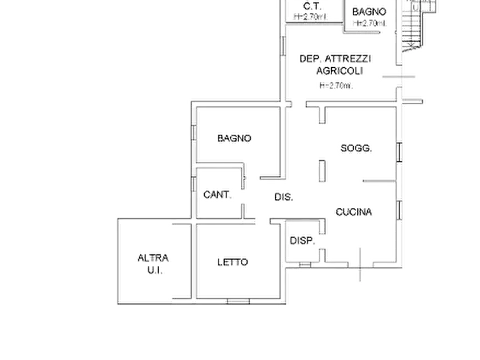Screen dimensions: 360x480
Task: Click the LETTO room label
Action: coord(233,262)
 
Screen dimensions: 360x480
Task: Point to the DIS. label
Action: coord(284,197)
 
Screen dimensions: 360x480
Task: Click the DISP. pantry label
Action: coord(302,241)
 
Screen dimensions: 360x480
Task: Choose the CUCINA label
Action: coord(354,212)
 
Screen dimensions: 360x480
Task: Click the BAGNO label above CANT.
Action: coord(234,138)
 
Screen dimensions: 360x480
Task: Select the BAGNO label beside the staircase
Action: coord(369,11)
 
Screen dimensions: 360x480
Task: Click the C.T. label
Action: coord(311,6)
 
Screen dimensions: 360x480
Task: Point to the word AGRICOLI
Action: coord(340,70)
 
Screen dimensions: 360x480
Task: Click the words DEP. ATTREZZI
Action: coord(336,58)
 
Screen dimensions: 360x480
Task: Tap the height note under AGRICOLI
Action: coord(336,84)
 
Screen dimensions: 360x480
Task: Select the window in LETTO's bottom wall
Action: coord(237,301)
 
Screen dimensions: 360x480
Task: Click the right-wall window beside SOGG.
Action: coord(400,150)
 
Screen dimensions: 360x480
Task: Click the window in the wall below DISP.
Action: coord(305,265)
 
